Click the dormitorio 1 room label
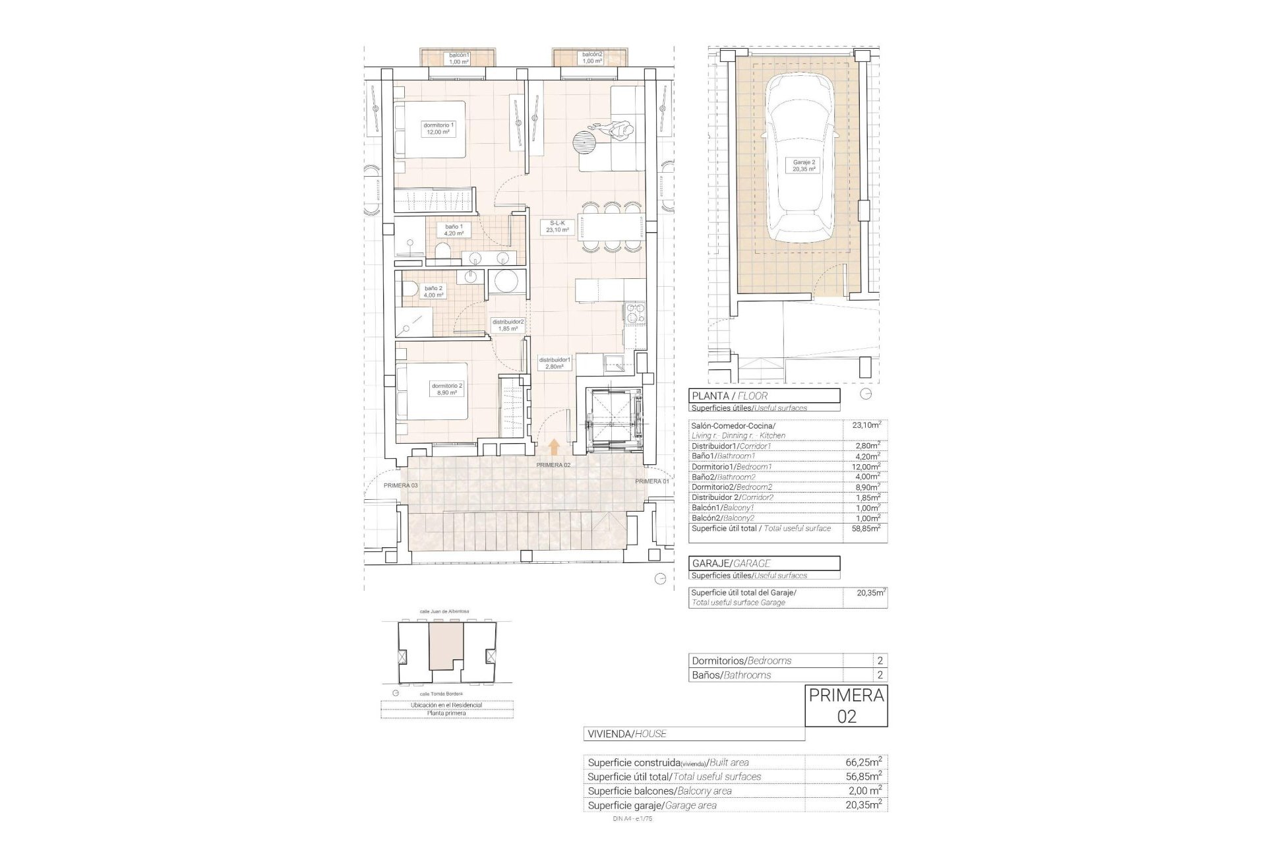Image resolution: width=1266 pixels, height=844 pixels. click(438, 129)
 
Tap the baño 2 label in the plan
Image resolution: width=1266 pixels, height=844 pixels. click(433, 291)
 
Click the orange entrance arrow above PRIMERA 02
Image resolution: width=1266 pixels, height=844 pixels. click(554, 448)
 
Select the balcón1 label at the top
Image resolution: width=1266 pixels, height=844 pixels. click(459, 58)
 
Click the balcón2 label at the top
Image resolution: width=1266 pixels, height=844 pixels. click(591, 58)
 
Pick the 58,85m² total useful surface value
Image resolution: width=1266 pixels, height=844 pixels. click(865, 529)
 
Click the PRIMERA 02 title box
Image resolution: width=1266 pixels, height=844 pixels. click(846, 706)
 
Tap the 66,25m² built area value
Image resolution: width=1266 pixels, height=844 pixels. click(864, 762)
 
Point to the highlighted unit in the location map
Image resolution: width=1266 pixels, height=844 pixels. click(446, 647)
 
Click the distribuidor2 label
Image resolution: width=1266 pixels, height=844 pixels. click(508, 325)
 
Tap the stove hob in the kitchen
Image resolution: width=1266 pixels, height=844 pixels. click(634, 313)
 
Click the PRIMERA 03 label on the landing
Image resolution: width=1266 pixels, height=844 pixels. click(400, 485)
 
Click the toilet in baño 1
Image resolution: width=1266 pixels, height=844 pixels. click(443, 251)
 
